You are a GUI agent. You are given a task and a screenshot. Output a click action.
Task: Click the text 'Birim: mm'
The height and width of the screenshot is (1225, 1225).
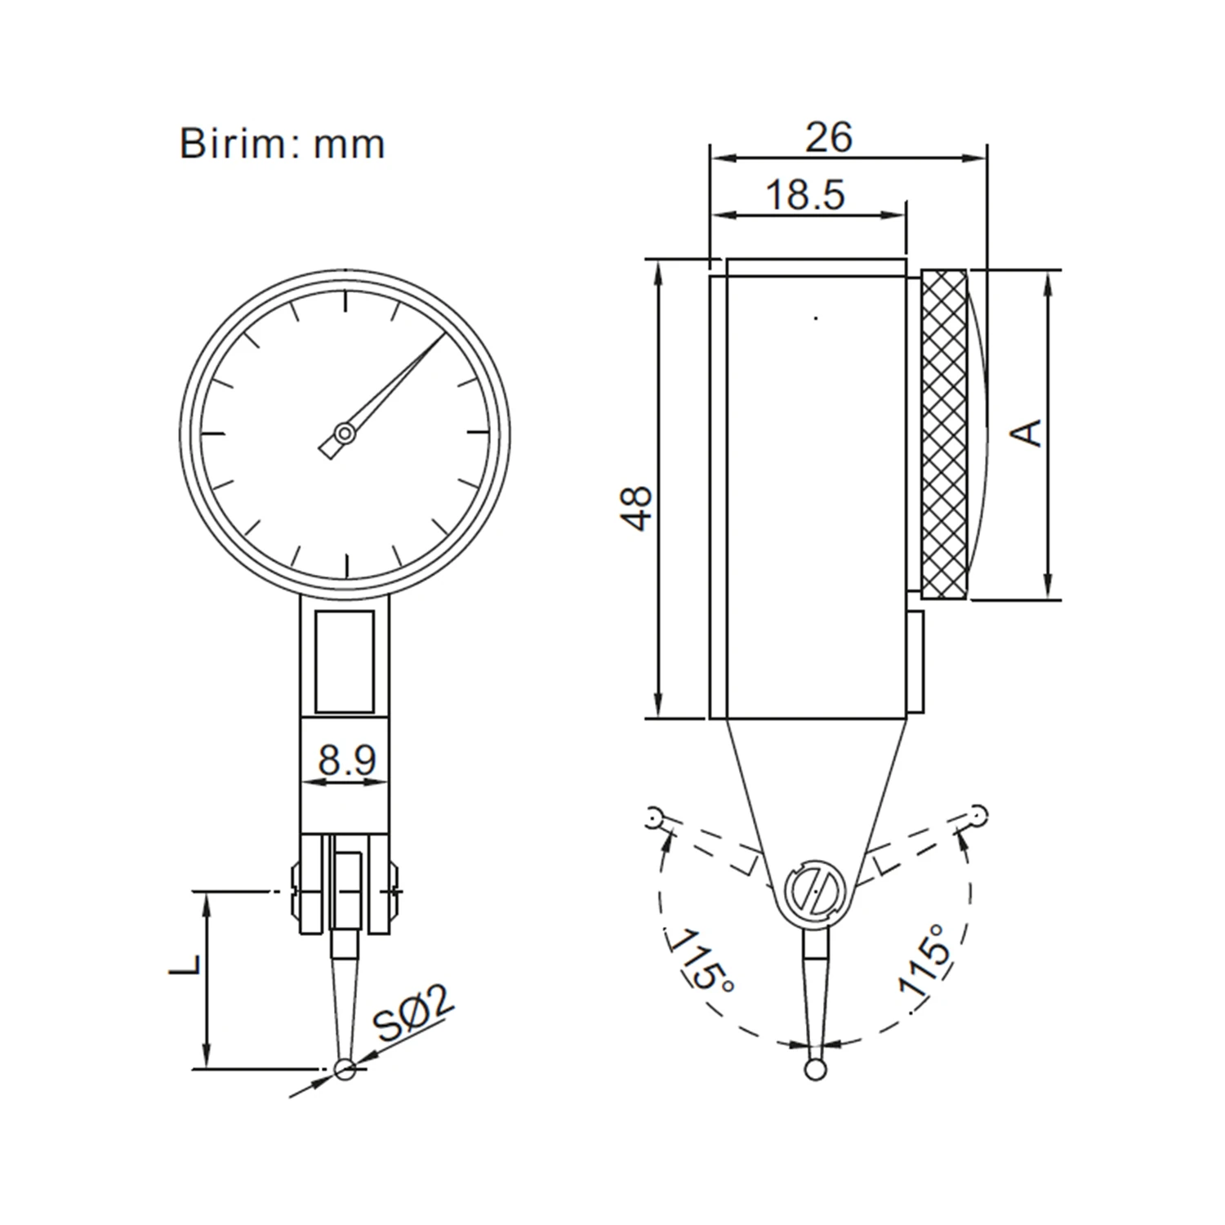(x=282, y=145)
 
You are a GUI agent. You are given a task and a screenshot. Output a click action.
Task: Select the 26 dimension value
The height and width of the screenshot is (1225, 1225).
(x=828, y=137)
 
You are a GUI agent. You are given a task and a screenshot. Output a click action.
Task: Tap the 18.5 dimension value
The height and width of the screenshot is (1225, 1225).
(x=805, y=196)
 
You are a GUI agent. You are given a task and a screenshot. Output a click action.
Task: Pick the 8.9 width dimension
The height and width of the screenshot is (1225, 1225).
(x=346, y=760)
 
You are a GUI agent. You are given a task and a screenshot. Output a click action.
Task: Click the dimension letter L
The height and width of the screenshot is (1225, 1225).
(x=186, y=964)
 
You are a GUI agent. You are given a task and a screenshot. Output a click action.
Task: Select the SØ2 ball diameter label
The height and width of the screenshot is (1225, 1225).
(x=413, y=1015)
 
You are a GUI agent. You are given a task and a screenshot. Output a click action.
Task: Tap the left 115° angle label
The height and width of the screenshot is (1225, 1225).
(x=702, y=960)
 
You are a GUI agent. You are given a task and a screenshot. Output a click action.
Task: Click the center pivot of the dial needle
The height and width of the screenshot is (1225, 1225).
(x=345, y=433)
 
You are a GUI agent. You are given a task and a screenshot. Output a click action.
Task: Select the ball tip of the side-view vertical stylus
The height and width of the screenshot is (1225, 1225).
(x=814, y=1069)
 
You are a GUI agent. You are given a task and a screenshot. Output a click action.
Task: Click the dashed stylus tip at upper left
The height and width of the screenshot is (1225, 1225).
(x=653, y=816)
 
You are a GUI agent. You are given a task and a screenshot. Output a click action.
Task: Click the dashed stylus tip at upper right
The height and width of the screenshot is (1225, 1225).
(x=978, y=813)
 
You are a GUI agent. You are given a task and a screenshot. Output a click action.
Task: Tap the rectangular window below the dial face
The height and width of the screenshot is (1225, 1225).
(x=345, y=661)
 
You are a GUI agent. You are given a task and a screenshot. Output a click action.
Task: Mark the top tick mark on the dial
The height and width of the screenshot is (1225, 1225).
(x=346, y=301)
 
